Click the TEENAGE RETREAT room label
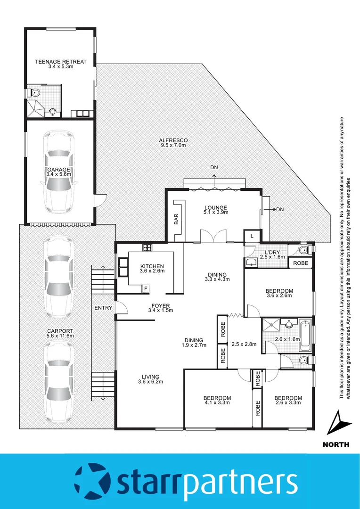pos(60,62)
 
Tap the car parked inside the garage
pos(58,172)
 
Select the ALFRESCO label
pos(173,140)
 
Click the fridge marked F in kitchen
pos(146,288)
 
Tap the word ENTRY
pos(103,308)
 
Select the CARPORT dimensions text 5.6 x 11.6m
pos(60,336)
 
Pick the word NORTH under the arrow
pos(336,444)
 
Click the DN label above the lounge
pos(215,167)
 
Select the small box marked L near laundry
pos(252,235)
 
